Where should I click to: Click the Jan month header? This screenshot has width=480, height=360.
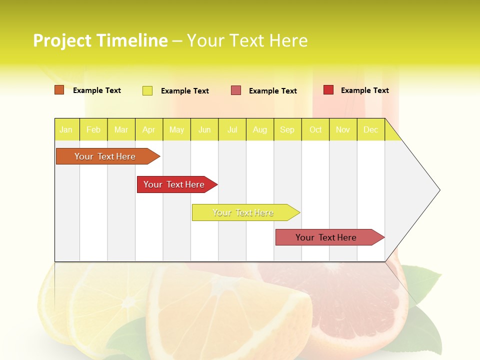tap(66, 129)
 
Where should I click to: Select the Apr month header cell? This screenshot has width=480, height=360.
tap(149, 129)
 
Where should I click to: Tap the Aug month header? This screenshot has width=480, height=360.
tap(260, 129)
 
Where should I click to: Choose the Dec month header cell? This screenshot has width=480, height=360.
tap(371, 129)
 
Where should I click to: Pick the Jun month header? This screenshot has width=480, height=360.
tap(204, 129)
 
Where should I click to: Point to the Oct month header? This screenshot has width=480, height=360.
tap(315, 129)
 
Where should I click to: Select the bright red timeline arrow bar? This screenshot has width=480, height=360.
tap(175, 184)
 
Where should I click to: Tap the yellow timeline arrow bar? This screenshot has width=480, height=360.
tap(244, 212)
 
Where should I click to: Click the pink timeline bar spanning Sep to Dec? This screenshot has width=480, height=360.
tap(327, 237)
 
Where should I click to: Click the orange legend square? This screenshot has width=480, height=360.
tap(59, 90)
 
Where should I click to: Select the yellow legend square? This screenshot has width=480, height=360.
tap(147, 90)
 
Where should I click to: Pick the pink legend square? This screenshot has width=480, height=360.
tap(236, 90)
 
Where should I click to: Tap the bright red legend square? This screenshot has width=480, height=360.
tap(328, 90)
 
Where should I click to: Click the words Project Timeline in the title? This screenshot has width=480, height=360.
tap(100, 40)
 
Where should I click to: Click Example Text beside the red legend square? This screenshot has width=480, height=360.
tap(364, 90)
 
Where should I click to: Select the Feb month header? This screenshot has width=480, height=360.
tap(93, 129)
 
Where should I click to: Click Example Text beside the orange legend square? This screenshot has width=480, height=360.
tap(97, 90)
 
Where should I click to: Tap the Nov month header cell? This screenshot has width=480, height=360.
tap(343, 129)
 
